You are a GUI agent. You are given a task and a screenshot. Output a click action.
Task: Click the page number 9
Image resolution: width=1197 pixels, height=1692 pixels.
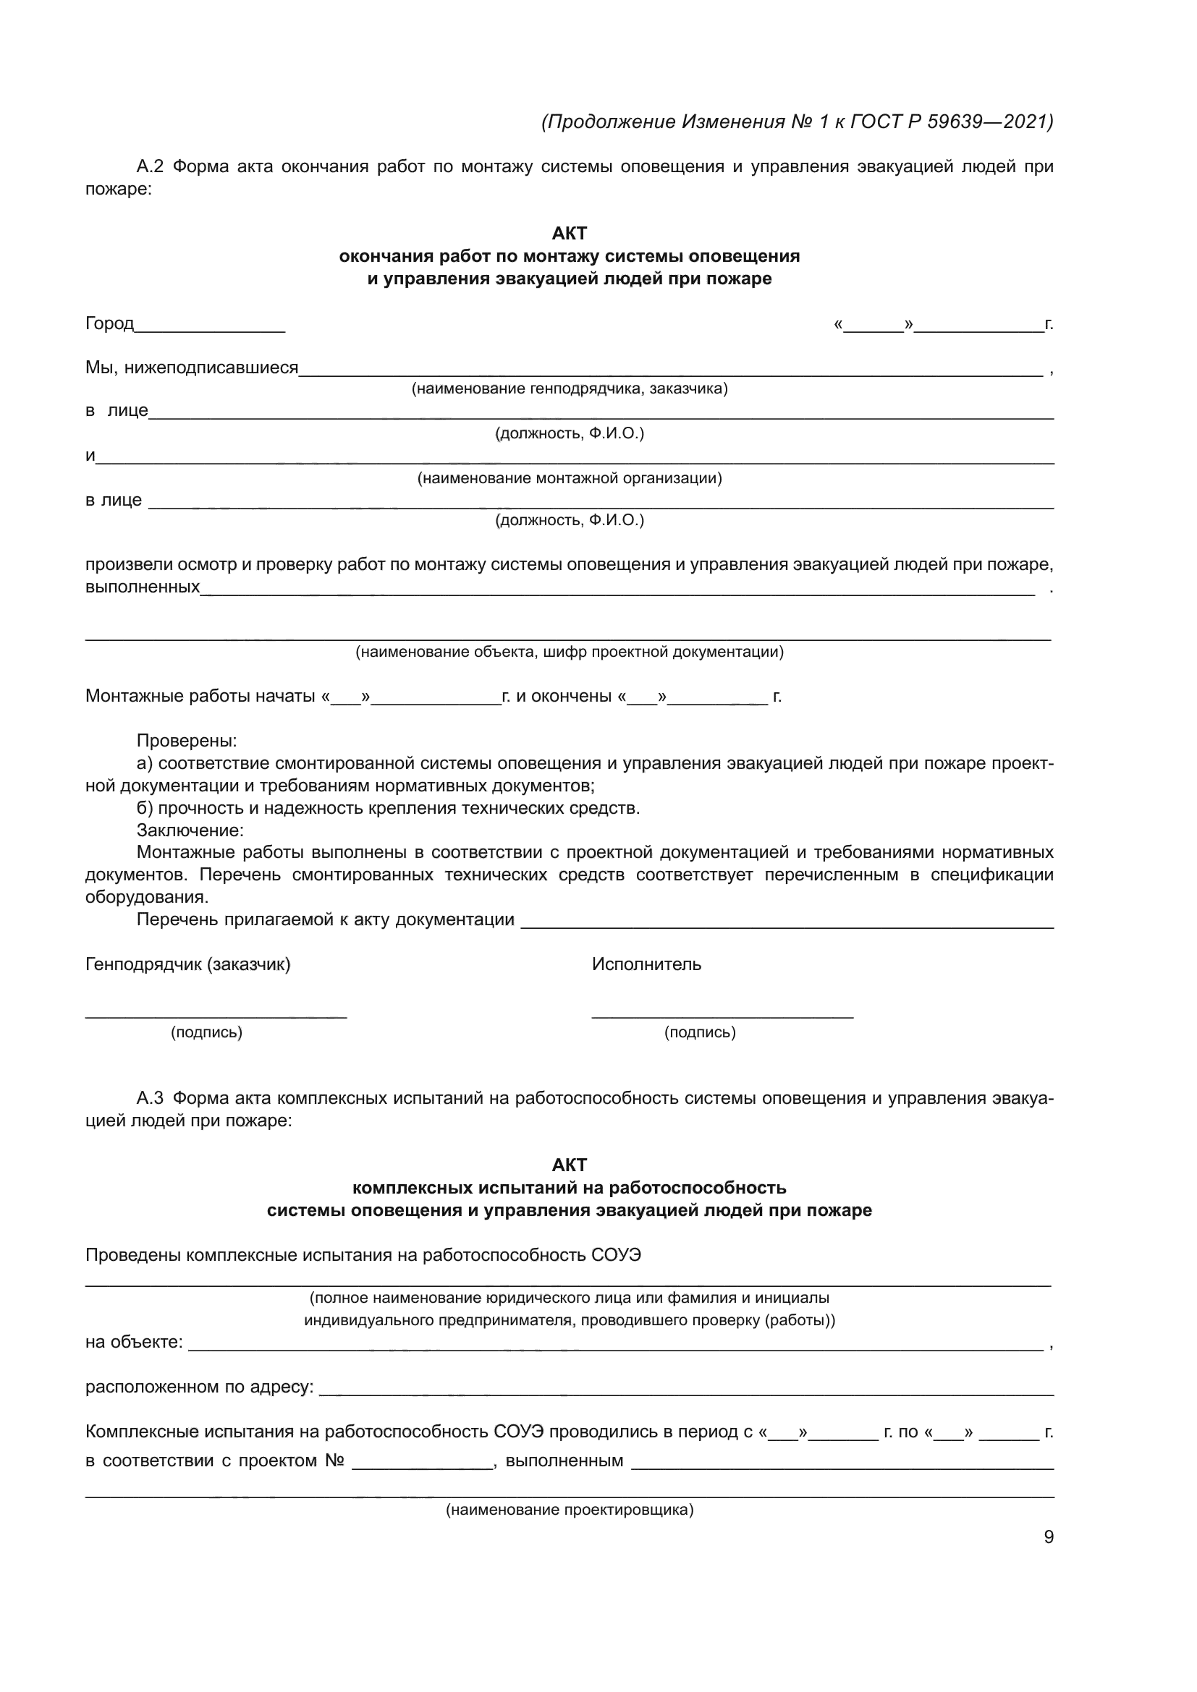1048,1536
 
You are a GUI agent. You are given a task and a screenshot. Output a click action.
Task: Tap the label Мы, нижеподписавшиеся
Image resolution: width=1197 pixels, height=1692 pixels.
192,367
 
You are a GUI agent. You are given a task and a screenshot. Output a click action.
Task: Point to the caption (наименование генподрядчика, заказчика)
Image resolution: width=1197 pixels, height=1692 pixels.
569,388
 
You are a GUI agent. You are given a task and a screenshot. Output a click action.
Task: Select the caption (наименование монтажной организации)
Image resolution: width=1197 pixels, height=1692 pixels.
569,478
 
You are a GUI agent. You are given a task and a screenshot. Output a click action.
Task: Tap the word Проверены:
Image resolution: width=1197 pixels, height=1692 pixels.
187,741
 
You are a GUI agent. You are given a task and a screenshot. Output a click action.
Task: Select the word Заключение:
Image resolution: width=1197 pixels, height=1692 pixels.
190,830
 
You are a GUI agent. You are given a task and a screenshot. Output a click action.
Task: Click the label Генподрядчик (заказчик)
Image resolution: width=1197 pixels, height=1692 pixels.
188,964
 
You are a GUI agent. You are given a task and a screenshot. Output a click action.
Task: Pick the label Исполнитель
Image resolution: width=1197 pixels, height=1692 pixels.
646,964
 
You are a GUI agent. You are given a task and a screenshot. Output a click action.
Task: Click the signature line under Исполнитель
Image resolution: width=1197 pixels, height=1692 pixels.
722,1017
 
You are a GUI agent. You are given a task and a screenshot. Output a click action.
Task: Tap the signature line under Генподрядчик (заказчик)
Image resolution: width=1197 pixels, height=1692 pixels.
216,1017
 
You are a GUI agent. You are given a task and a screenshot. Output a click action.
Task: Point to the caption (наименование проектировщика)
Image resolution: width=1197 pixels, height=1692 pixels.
569,1509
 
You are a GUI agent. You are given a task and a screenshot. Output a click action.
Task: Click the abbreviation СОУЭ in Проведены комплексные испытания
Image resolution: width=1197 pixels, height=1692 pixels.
616,1255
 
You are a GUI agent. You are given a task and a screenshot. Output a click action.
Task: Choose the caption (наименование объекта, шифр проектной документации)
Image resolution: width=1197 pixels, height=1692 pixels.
569,652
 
